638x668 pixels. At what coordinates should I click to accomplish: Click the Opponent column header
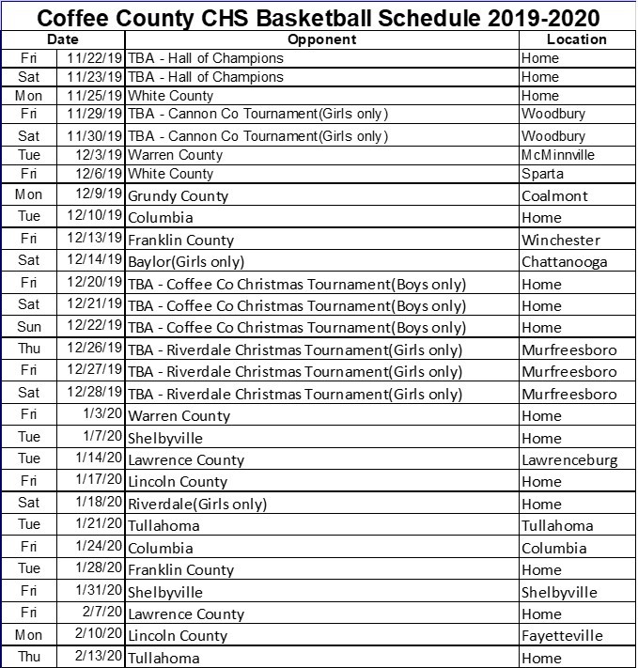[321, 39]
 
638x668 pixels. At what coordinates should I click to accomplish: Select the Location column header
[576, 39]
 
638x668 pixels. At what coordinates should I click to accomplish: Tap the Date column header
[64, 39]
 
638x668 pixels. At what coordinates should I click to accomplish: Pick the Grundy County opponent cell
[178, 196]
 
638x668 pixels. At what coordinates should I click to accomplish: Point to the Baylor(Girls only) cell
[186, 262]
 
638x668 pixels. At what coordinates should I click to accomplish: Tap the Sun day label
[29, 327]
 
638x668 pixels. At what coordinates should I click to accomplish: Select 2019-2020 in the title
[544, 16]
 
